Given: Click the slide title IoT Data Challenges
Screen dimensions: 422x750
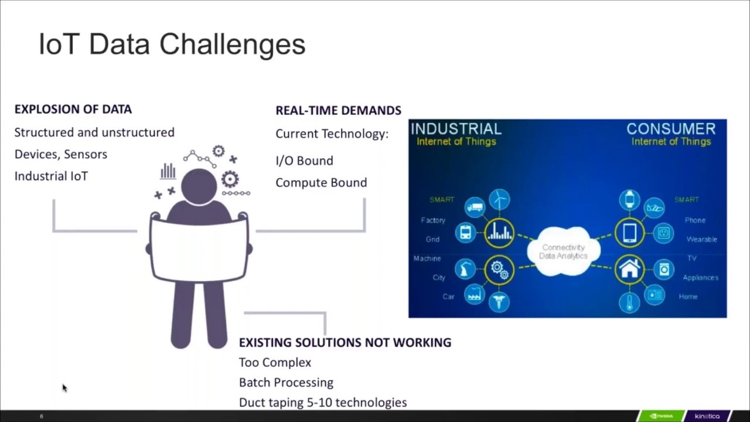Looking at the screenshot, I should pos(172,45).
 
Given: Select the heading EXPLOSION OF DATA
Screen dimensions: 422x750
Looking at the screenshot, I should pos(73,109).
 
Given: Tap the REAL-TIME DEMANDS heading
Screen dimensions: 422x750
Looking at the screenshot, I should pos(338,110).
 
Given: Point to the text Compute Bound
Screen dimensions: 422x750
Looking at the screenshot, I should pos(321,182).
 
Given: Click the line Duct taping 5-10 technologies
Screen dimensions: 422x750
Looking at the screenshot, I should pos(322,402).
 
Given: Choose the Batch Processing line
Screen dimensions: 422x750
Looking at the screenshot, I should pos(286,382).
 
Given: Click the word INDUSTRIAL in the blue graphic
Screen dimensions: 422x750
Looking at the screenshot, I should pos(456,129).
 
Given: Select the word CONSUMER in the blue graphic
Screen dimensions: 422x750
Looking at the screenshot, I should pos(671,129).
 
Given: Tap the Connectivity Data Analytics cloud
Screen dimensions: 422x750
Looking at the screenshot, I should pos(563,251).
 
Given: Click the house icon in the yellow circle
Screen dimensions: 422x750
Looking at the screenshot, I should pos(629,270).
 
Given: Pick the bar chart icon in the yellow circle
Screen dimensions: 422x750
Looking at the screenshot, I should pos(499,232).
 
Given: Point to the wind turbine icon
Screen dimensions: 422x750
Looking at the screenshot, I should pos(499,199).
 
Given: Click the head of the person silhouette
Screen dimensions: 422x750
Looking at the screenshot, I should pos(199,186).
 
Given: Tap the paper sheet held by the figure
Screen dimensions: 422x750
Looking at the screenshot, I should pos(199,249).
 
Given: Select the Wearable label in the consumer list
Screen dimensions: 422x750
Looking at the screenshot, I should pos(701,239).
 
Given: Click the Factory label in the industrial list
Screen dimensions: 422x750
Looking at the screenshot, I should pos(433,220).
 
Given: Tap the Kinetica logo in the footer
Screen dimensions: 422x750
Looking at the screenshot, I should pos(707,416).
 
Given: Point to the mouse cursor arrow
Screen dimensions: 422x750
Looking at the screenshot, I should pos(64,387).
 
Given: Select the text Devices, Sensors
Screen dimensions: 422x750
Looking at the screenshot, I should pos(61,154).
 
